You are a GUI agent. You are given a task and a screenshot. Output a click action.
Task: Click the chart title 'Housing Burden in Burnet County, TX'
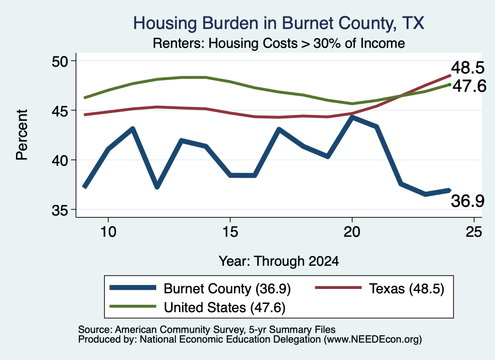tap(278, 23)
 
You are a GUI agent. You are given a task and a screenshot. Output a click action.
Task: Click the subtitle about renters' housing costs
tap(279, 43)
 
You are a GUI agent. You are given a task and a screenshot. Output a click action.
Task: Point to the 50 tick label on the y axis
tap(59, 61)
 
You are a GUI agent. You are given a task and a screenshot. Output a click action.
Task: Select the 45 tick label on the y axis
tap(59, 111)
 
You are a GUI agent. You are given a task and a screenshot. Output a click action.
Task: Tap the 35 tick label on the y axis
tap(59, 210)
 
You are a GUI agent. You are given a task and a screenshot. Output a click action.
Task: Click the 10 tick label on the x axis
tap(108, 232)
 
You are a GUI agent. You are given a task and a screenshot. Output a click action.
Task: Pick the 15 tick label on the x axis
tap(230, 232)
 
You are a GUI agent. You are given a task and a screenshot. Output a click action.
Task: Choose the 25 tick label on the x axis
tap(474, 232)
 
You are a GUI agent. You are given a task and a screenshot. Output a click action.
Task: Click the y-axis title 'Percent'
tap(22, 135)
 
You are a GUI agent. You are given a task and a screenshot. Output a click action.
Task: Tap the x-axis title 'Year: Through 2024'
tap(279, 261)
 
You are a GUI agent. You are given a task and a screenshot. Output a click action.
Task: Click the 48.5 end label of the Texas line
tap(467, 68)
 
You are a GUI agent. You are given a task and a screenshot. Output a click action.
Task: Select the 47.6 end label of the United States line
tap(469, 86)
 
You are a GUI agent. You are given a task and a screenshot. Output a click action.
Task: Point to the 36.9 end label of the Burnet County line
tap(467, 201)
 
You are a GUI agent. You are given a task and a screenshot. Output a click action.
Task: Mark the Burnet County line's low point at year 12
tap(157, 187)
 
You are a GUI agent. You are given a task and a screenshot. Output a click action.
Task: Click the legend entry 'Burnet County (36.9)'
tap(200, 288)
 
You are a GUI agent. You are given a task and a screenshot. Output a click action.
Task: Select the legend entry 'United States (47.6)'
tap(197, 307)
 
